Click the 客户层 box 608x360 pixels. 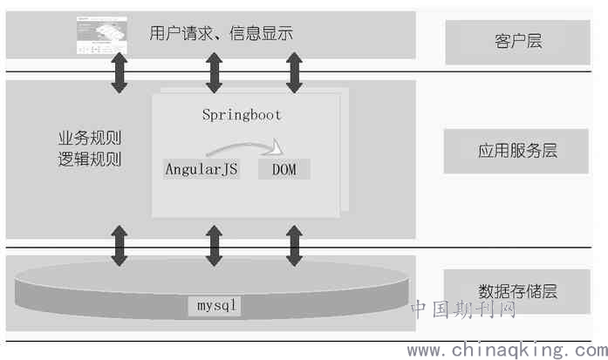pos(517,41)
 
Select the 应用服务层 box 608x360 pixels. pos(517,150)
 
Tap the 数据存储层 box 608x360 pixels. pos(517,291)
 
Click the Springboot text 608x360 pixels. pos(242,115)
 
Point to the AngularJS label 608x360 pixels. pos(202,169)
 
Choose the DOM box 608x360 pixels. pos(284,169)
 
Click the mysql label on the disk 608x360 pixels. pos(214,307)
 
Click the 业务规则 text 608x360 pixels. pos(90,138)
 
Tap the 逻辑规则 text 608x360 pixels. pos(90,160)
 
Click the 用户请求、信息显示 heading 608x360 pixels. pos(222,34)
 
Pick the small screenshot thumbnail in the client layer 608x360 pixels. pos(103,35)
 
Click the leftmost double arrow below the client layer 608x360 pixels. pos(120,72)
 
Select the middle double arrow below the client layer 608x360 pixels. pos(214,72)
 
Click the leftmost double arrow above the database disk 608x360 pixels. pos(120,246)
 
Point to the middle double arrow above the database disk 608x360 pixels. pos(214,246)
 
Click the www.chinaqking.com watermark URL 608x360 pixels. pos(505,350)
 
